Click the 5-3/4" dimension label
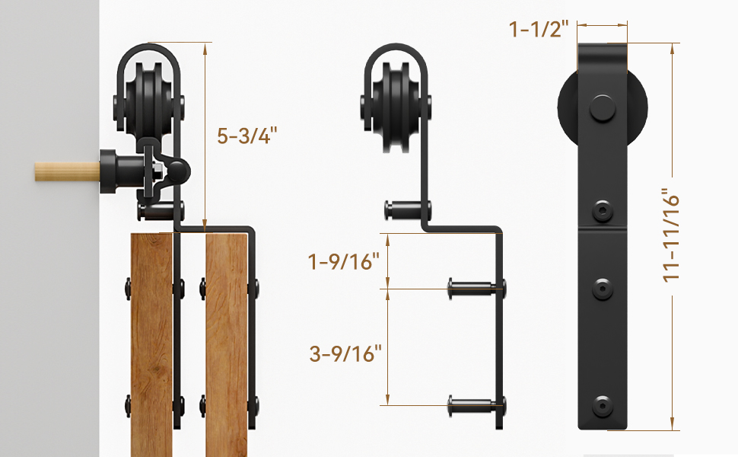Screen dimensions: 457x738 coord(247,136)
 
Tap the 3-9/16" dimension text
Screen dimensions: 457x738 coord(345,353)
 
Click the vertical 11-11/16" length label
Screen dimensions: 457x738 coord(670,235)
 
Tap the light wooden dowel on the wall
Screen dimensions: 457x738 coord(65,171)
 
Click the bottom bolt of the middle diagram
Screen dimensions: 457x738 coord(475,402)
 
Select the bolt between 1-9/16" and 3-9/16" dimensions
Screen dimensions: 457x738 coord(475,288)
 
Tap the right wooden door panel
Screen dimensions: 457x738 coord(226,343)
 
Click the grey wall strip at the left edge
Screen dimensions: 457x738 coord(49,305)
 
